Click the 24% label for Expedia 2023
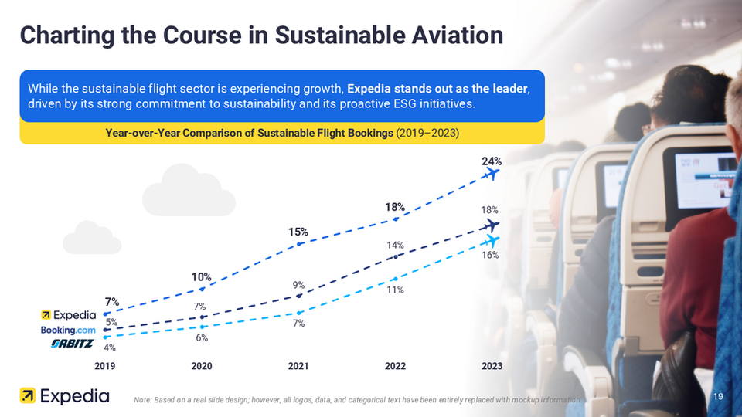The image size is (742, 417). pyautogui.click(x=492, y=162)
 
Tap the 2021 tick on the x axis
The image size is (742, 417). pyautogui.click(x=298, y=366)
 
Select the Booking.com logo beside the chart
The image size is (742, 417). pyautogui.click(x=68, y=330)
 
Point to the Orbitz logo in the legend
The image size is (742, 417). pyautogui.click(x=72, y=344)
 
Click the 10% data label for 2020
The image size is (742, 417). pyautogui.click(x=202, y=277)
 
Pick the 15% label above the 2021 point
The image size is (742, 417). pyautogui.click(x=299, y=232)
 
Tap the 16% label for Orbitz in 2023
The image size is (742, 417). pyautogui.click(x=490, y=254)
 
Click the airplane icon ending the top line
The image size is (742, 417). pyautogui.click(x=490, y=175)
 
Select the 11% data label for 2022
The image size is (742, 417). pyautogui.click(x=396, y=290)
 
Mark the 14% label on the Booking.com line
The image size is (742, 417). pyautogui.click(x=396, y=246)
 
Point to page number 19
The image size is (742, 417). pyautogui.click(x=718, y=396)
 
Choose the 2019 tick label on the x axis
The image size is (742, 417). pyautogui.click(x=106, y=366)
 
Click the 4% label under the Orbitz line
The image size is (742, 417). pyautogui.click(x=110, y=347)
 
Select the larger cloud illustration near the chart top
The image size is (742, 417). pyautogui.click(x=189, y=190)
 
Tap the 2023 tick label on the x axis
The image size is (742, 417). pyautogui.click(x=492, y=366)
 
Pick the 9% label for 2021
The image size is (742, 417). pyautogui.click(x=298, y=285)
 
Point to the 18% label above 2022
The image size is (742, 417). pyautogui.click(x=396, y=207)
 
